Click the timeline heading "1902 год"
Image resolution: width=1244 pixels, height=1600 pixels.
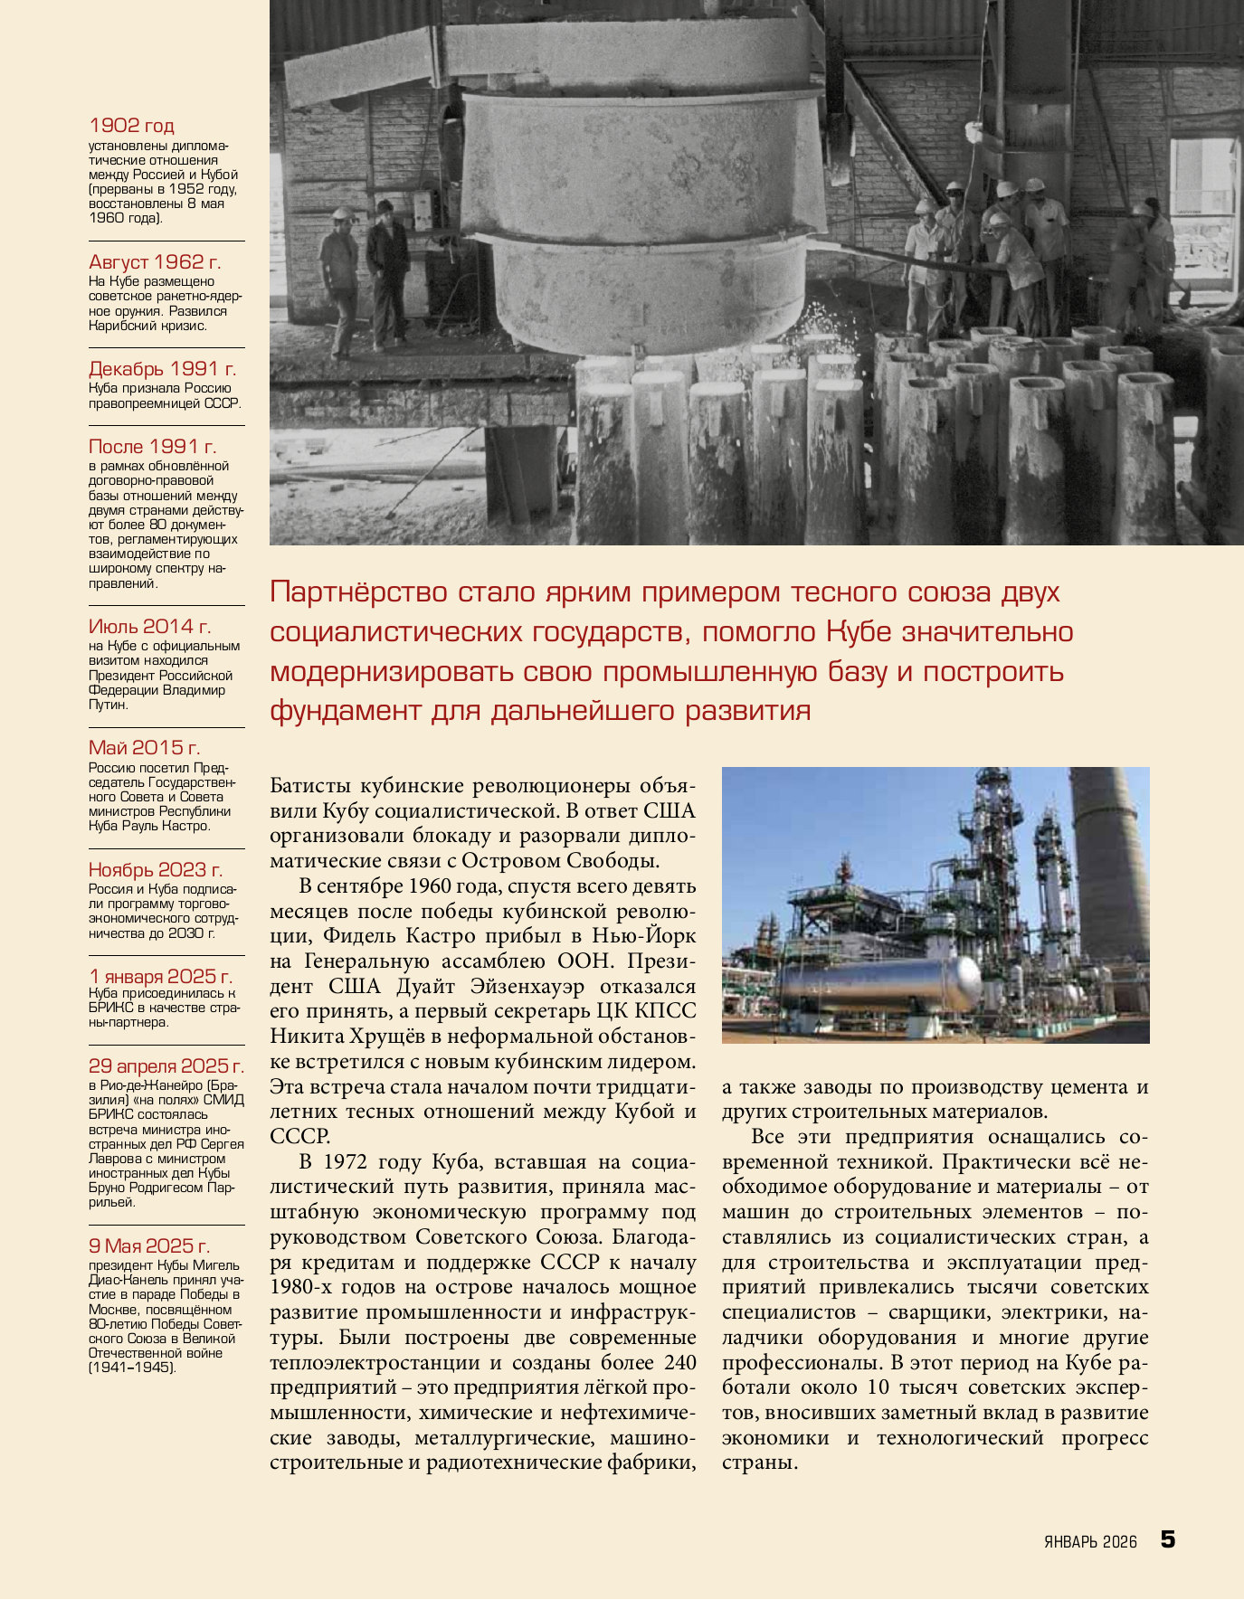pyautogui.click(x=131, y=126)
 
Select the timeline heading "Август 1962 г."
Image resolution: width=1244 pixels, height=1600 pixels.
pyautogui.click(x=155, y=262)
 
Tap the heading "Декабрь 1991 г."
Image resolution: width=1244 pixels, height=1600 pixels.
pyautogui.click(x=162, y=369)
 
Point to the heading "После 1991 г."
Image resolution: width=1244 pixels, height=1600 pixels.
pyautogui.click(x=152, y=447)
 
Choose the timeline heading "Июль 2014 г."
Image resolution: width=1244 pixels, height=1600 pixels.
pyautogui.click(x=149, y=627)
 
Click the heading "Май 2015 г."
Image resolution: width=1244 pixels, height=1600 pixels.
pyautogui.click(x=144, y=748)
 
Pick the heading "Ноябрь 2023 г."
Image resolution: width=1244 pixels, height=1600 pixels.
pyautogui.click(x=155, y=870)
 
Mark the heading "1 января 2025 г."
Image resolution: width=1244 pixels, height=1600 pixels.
pyautogui.click(x=160, y=977)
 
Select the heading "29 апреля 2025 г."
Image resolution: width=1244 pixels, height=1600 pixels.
pyautogui.click(x=166, y=1066)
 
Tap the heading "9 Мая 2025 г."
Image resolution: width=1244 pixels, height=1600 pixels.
pyautogui.click(x=149, y=1246)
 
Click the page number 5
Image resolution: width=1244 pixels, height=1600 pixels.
pyautogui.click(x=1168, y=1538)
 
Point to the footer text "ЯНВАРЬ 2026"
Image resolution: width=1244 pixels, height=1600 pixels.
pyautogui.click(x=1089, y=1542)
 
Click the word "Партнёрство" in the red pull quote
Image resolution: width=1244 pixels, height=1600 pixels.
pyautogui.click(x=359, y=592)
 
